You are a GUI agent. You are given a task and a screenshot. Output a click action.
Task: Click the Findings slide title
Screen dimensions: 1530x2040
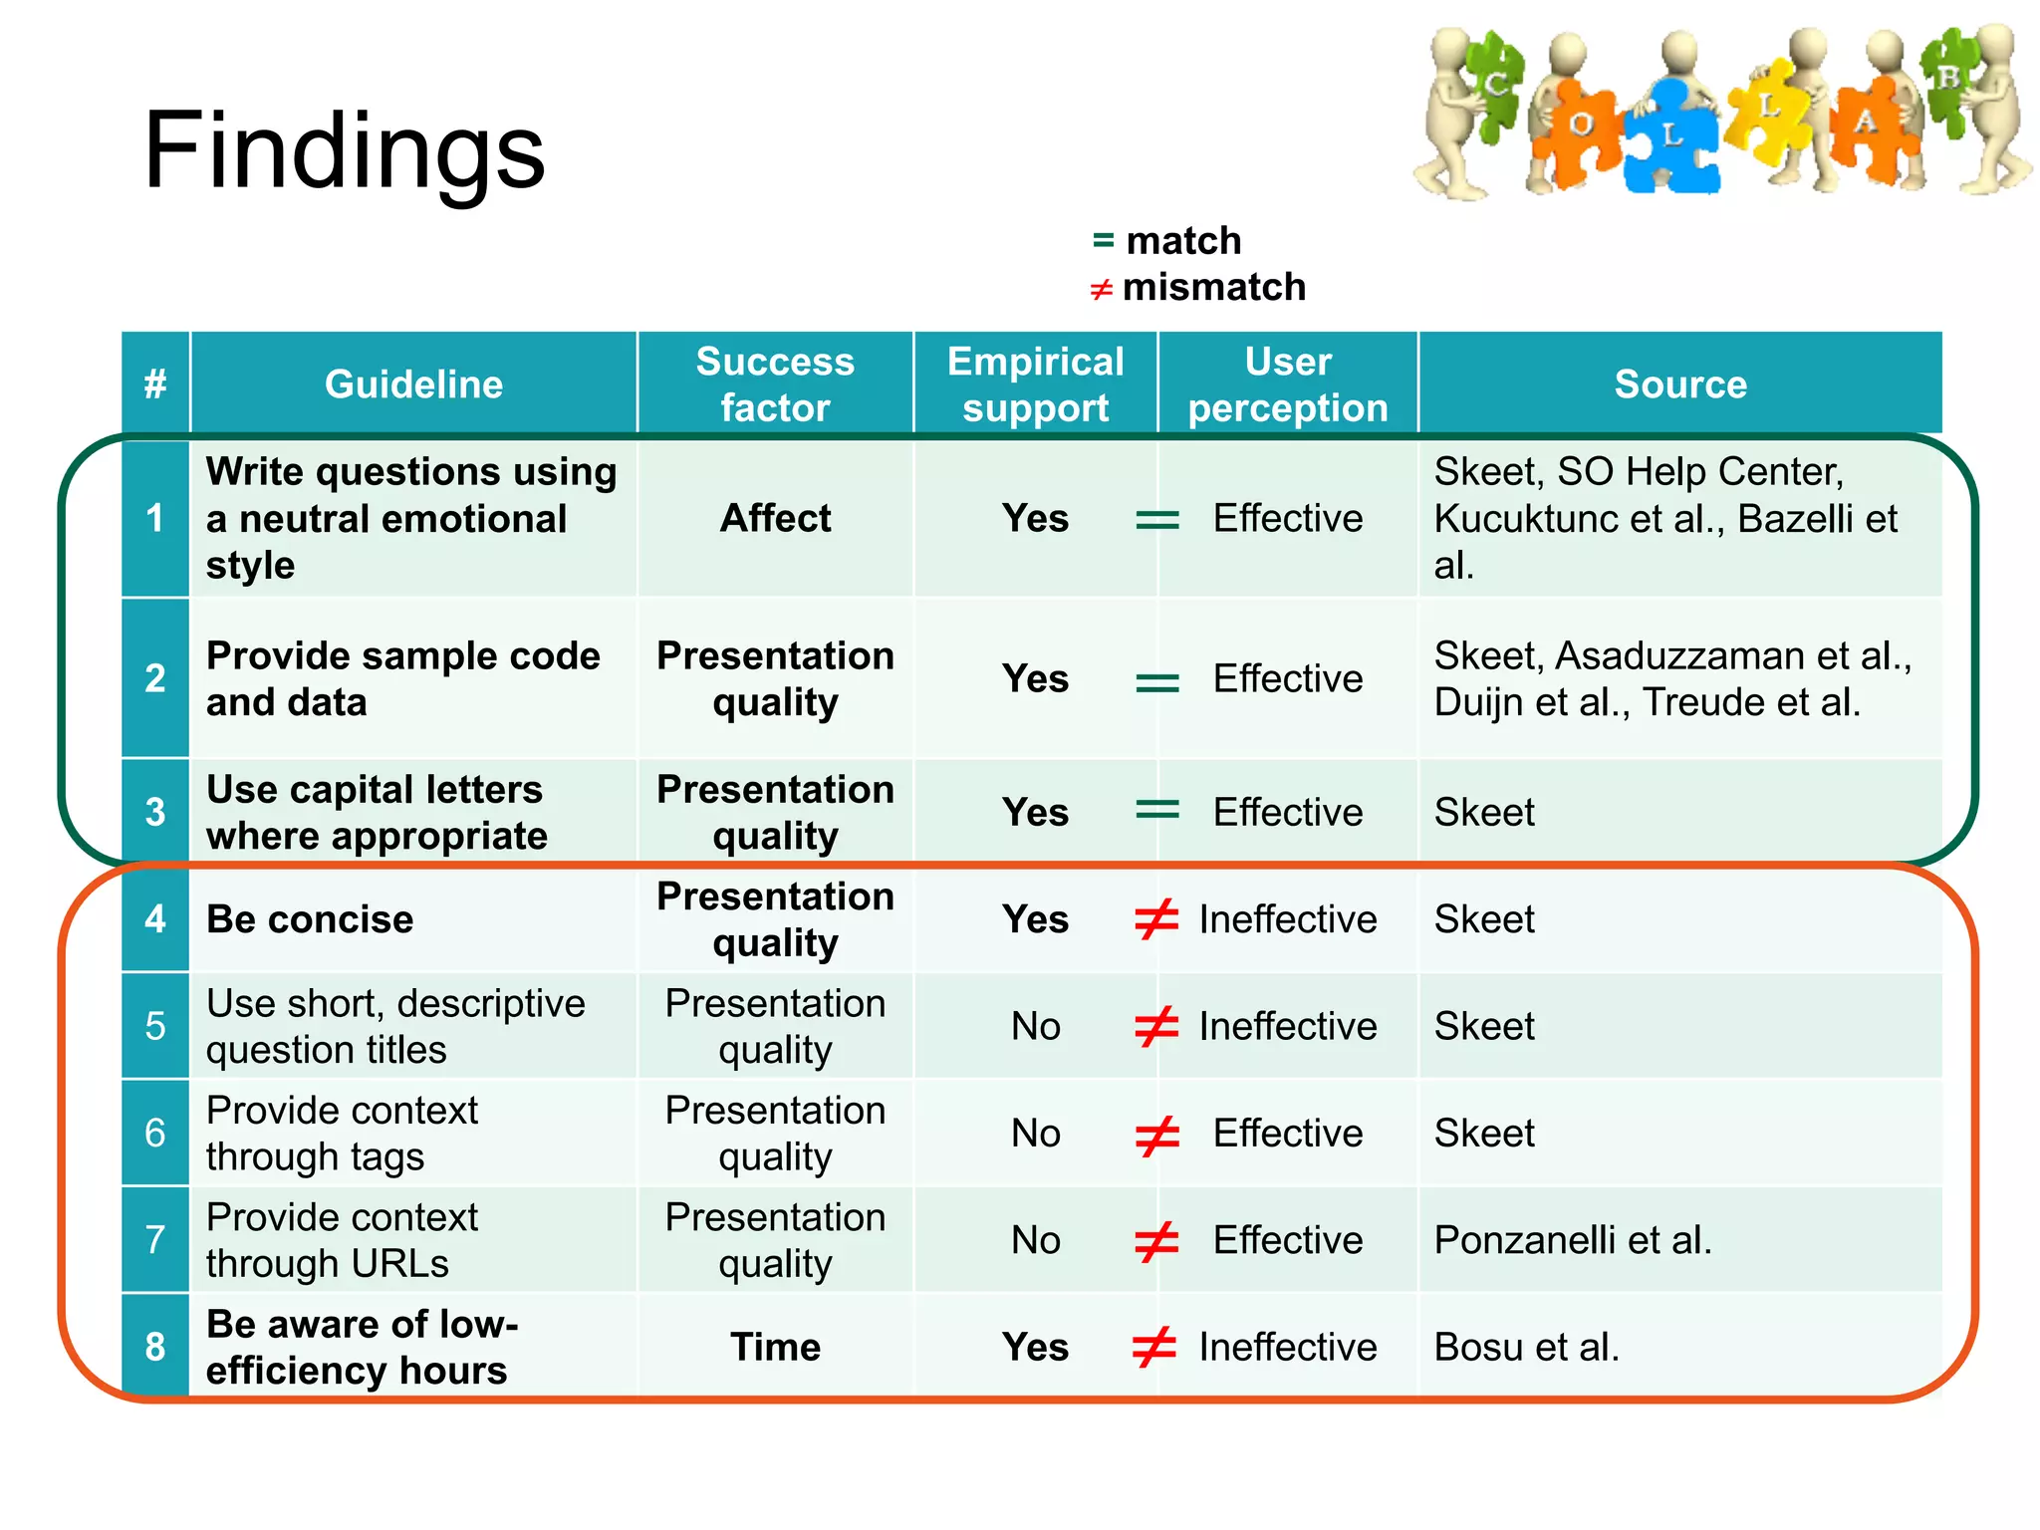click(x=344, y=151)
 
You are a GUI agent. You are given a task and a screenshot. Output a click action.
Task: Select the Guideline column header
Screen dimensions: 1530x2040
click(x=413, y=384)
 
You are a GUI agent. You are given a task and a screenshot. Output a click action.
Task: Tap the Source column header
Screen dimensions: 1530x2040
click(x=1679, y=384)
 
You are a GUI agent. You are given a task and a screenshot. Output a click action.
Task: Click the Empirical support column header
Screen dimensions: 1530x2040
click(x=1035, y=384)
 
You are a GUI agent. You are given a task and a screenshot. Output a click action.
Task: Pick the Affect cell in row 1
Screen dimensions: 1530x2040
click(x=775, y=518)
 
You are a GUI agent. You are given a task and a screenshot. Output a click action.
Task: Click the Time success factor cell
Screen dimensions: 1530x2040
click(x=775, y=1347)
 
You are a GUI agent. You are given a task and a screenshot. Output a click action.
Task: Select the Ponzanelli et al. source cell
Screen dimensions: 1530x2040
click(x=1572, y=1240)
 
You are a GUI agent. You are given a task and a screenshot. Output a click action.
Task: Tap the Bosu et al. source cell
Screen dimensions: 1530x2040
click(x=1526, y=1347)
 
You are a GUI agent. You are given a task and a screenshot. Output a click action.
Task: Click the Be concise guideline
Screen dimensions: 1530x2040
click(x=310, y=919)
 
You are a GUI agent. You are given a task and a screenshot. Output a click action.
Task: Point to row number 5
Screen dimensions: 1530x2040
click(x=155, y=1026)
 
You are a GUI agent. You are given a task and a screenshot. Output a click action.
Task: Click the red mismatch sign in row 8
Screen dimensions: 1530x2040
click(x=1155, y=1347)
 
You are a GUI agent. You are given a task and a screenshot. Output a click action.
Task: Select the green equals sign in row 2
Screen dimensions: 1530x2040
click(x=1157, y=681)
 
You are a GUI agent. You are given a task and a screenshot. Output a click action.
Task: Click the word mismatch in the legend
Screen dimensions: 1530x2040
click(x=1213, y=288)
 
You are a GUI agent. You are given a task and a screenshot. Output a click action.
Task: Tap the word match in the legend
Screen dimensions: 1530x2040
click(x=1183, y=241)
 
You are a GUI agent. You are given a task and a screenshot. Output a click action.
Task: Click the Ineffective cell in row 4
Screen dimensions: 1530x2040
click(x=1287, y=919)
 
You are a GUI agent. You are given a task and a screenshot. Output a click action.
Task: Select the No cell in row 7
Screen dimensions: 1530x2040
click(x=1035, y=1240)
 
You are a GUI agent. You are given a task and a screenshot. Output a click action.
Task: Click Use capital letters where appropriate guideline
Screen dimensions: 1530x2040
click(x=377, y=813)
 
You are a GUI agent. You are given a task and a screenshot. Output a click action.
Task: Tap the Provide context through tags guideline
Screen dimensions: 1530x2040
click(x=342, y=1134)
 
